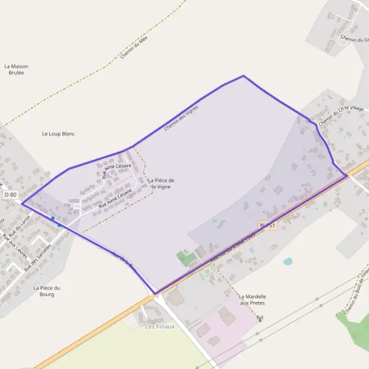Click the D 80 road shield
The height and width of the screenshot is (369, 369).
point(10,194)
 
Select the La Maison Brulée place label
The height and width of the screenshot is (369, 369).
point(16,69)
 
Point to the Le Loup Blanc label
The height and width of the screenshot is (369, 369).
point(58,133)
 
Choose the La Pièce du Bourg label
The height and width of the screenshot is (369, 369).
point(47,291)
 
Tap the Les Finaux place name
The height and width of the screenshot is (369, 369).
point(160,327)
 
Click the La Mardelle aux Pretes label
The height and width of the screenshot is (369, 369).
point(252,300)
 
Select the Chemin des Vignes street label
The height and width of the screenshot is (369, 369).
point(181,117)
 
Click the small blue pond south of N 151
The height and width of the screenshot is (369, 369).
point(288,261)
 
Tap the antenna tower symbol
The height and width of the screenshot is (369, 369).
point(260,319)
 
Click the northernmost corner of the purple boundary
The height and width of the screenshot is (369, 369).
point(244,76)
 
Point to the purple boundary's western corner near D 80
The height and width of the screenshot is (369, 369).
point(22,203)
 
